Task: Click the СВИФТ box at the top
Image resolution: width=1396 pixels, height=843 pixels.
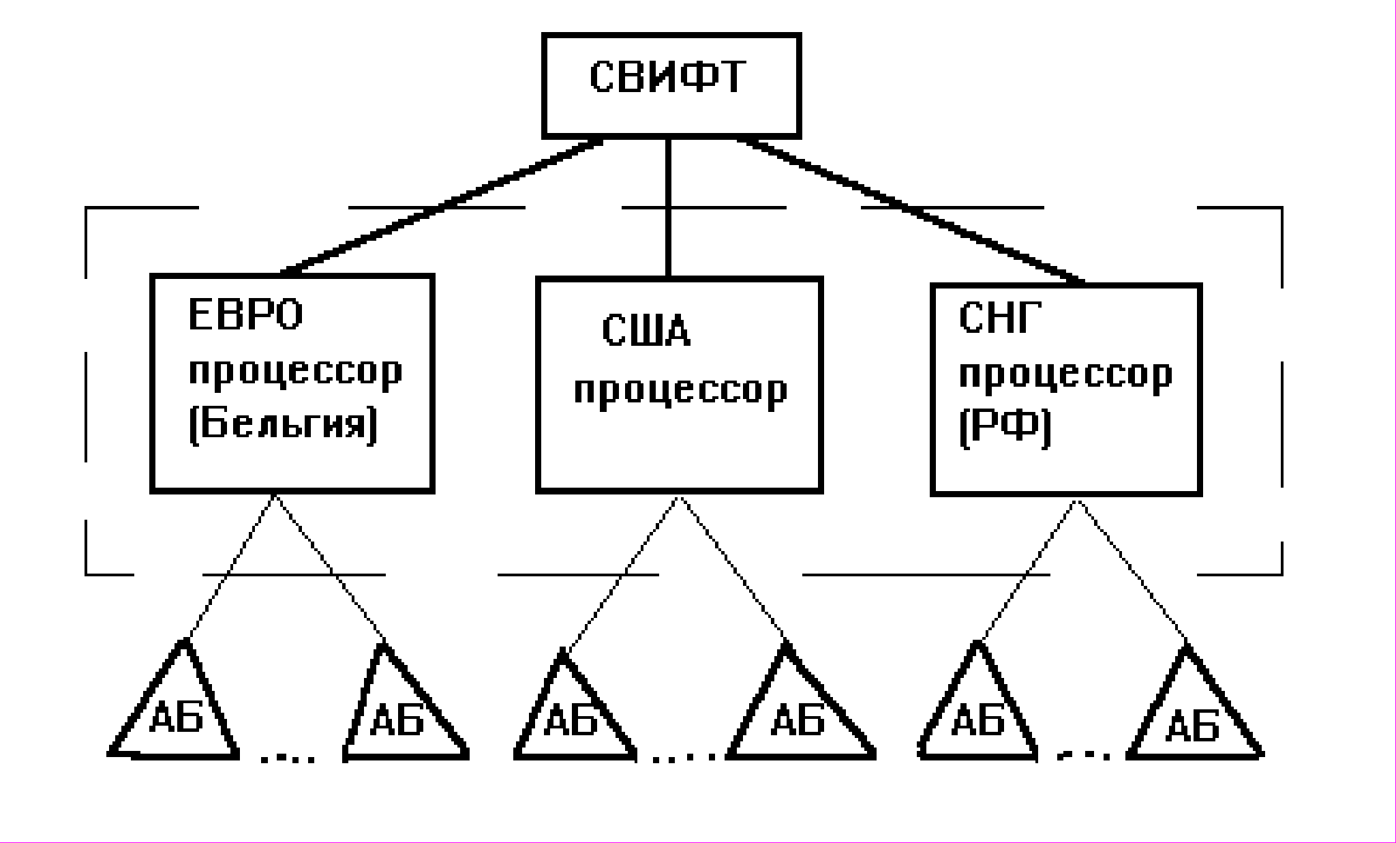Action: [x=671, y=85]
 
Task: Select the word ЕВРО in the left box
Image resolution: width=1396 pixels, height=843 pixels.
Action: [x=245, y=316]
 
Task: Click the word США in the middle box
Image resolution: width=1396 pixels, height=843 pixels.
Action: [x=646, y=332]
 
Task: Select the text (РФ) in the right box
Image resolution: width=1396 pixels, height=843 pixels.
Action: [x=1005, y=428]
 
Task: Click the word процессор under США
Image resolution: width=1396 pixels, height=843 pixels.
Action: [x=680, y=391]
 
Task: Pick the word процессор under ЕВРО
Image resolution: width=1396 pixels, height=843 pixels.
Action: [x=295, y=372]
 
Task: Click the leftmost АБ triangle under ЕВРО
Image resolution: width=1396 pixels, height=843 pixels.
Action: [x=176, y=716]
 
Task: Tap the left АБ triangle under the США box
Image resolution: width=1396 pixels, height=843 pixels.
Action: [x=571, y=720]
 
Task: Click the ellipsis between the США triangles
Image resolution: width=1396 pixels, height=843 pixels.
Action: [x=684, y=756]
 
